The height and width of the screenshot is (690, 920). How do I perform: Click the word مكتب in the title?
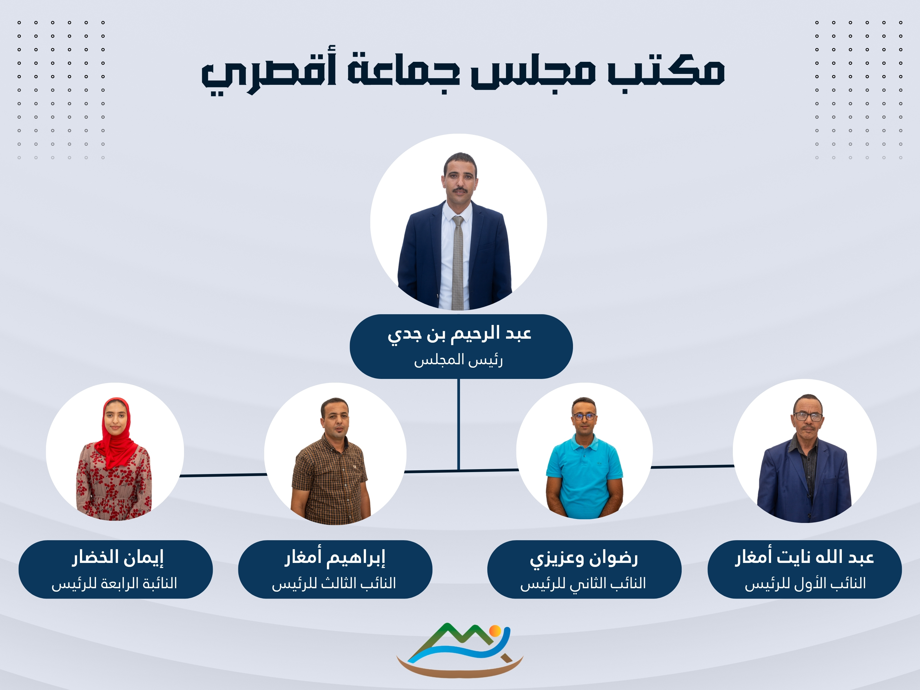point(666,70)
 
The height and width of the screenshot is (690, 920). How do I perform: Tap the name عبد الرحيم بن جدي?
point(460,335)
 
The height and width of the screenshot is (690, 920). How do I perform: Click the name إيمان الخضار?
point(118,558)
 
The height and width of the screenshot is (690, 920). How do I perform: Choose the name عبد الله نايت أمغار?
point(804,557)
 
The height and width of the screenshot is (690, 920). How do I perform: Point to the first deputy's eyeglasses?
point(808,416)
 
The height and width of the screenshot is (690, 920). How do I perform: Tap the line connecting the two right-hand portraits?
point(693,467)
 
